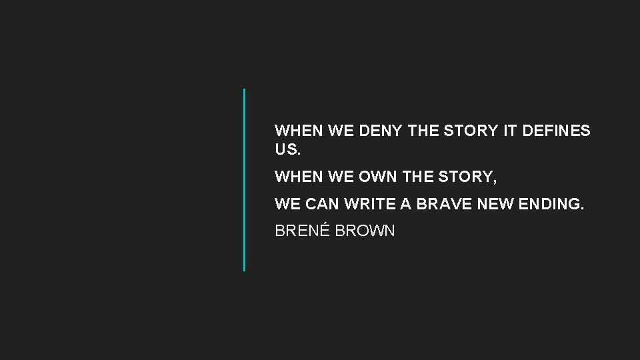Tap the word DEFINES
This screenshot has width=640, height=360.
click(557, 131)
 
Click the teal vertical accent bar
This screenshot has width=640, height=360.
click(244, 179)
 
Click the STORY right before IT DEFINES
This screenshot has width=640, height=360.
click(471, 131)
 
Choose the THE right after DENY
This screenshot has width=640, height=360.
click(423, 131)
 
